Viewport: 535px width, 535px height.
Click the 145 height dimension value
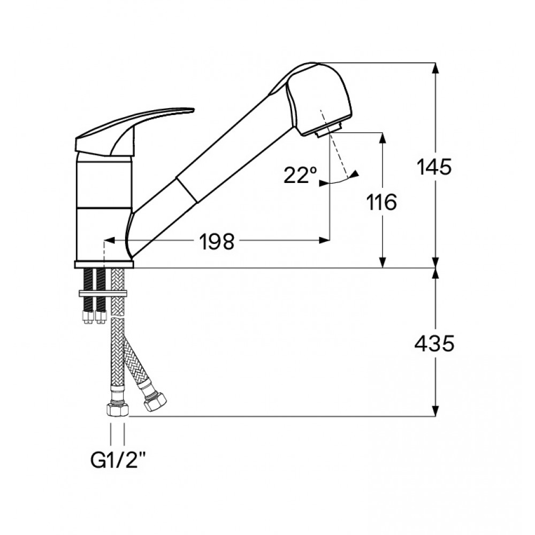pyautogui.click(x=434, y=167)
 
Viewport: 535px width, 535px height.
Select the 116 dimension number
pyautogui.click(x=381, y=202)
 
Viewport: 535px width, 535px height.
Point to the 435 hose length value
pyautogui.click(x=434, y=343)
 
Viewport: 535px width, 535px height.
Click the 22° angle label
pyautogui.click(x=300, y=175)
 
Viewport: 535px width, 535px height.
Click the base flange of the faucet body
pyautogui.click(x=104, y=264)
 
